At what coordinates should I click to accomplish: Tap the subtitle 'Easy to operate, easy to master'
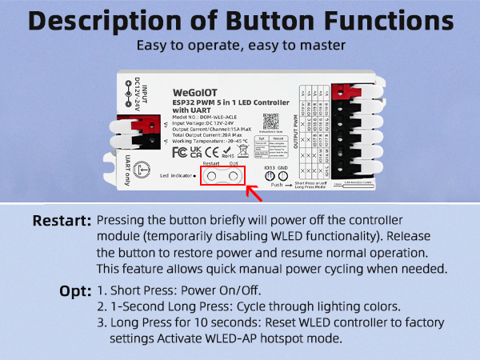coord(240,46)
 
